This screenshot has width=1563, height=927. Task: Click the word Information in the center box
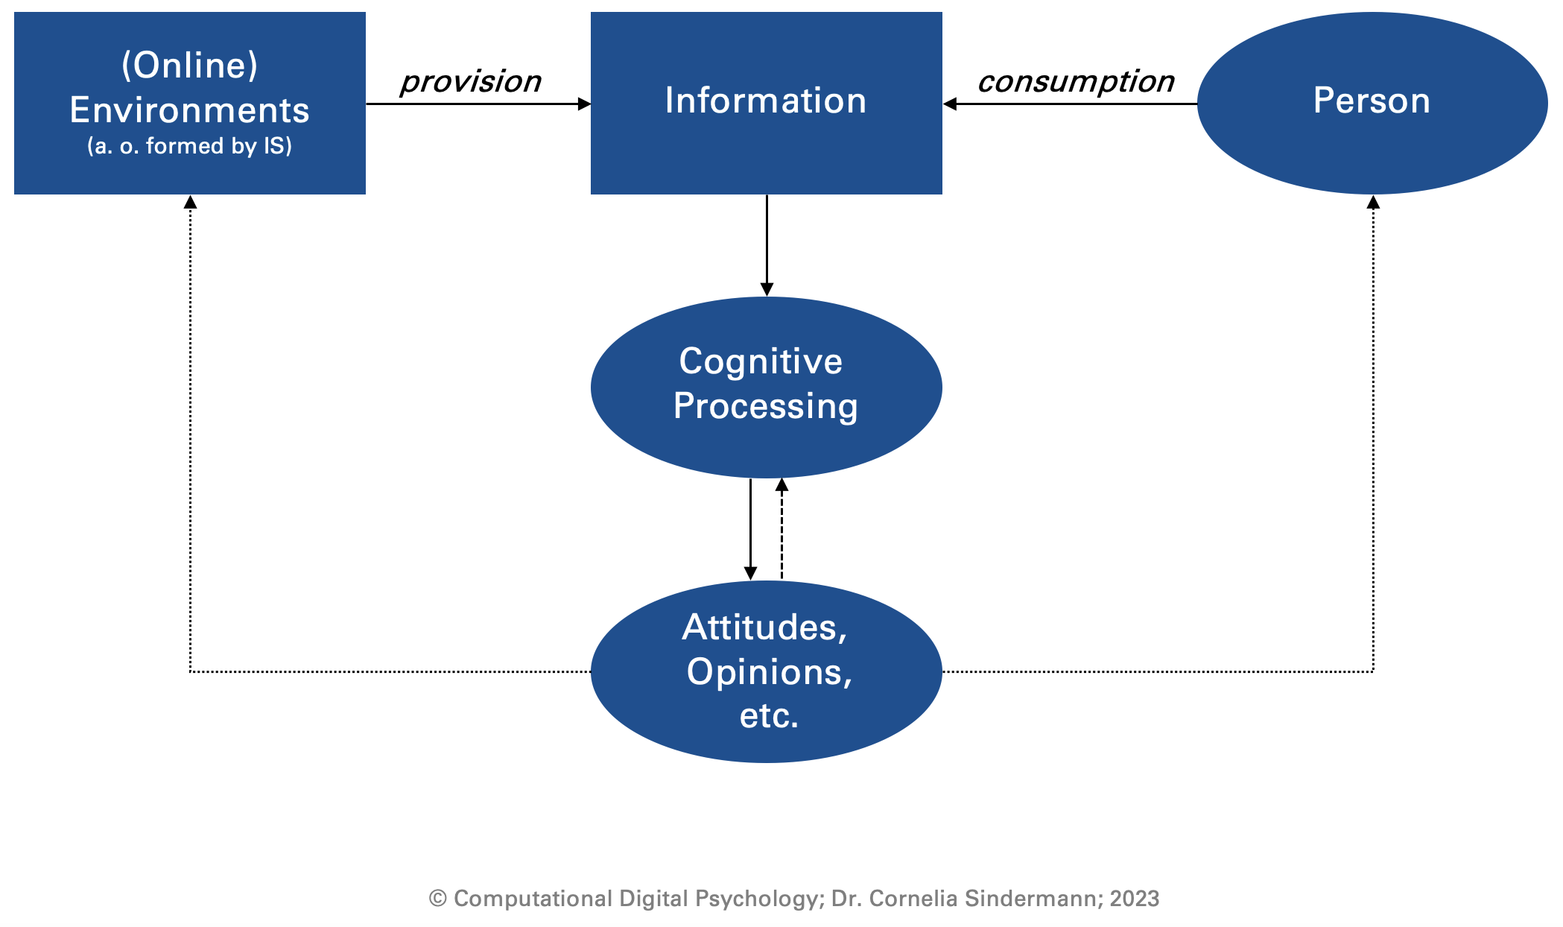pos(766,101)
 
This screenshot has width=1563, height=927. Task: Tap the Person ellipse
pos(1372,103)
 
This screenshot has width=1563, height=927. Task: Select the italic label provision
pos(471,82)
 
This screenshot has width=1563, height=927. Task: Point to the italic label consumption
pos(1076,82)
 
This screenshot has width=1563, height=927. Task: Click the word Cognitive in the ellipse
pos(761,362)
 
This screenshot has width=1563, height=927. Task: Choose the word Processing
pos(766,407)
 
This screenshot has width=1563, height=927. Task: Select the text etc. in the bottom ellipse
pos(770,715)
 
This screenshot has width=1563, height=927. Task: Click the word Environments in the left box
pos(190,110)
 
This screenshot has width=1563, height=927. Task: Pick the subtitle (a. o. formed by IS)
pos(190,145)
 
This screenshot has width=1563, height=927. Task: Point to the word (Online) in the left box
pos(190,66)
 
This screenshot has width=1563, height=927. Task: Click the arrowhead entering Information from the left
pos(585,104)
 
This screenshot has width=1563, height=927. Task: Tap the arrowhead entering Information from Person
pos(949,104)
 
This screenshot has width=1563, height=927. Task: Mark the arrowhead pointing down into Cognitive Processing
pos(767,290)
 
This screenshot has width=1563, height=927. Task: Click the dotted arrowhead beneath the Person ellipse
pos(1373,202)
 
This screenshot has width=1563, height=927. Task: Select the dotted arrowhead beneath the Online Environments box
pos(190,202)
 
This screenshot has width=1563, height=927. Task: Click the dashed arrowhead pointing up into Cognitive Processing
pos(781,485)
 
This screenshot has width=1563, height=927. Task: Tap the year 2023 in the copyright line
pos(1135,899)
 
